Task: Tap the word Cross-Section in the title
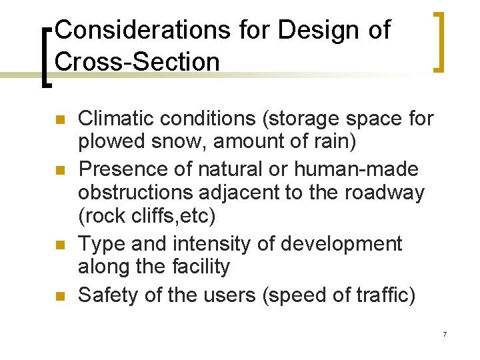(137, 62)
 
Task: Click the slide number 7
(444, 333)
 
